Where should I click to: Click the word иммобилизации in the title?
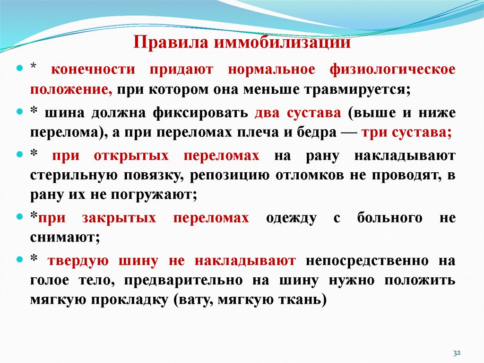[x=283, y=43]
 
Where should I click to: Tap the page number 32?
[x=457, y=353]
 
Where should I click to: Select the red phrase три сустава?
[x=406, y=133]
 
